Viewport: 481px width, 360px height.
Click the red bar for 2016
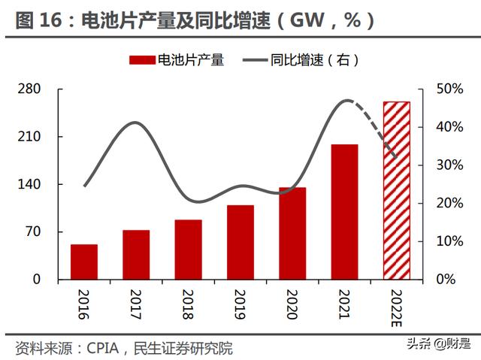click(84, 262)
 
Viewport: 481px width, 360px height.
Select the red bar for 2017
click(136, 255)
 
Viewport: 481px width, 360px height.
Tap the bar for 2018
click(188, 250)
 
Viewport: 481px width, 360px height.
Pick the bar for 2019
click(240, 242)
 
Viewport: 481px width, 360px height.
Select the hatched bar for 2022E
click(396, 190)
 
